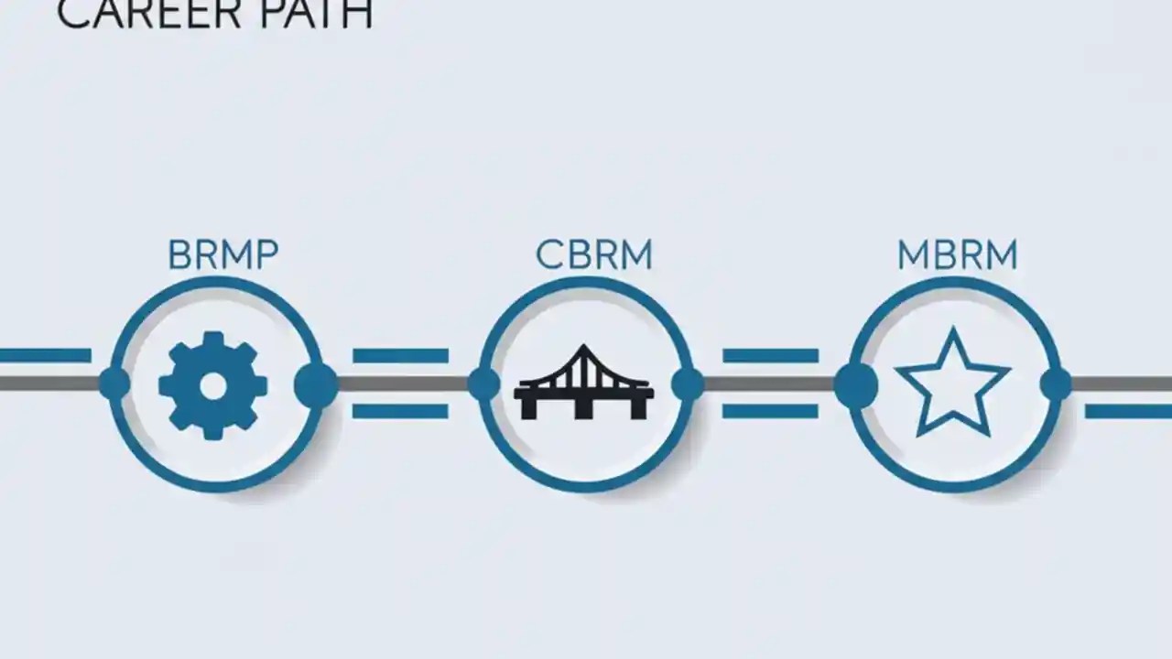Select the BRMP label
[222, 255]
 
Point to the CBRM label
[594, 255]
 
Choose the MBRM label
[957, 255]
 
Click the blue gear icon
[213, 385]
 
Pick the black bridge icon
[584, 384]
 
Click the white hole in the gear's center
[213, 386]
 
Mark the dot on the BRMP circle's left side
[114, 384]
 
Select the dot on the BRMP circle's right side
[316, 384]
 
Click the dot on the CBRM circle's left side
[483, 384]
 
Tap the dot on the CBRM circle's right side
[688, 384]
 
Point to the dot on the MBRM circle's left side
[855, 384]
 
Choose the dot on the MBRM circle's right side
[1056, 384]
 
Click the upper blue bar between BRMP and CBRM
[400, 356]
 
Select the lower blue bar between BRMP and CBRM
[400, 412]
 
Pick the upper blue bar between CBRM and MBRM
[770, 356]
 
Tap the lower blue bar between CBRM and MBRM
[770, 412]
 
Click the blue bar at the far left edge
[45, 355]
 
